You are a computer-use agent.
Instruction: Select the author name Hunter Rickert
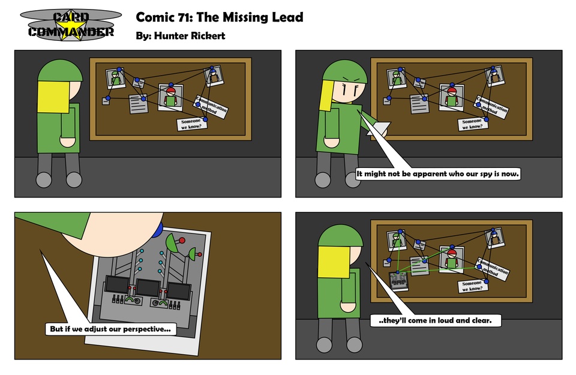point(190,35)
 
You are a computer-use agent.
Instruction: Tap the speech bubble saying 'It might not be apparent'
point(437,174)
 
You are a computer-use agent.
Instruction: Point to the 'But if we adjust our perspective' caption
point(110,329)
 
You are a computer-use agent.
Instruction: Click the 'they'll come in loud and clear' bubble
point(436,320)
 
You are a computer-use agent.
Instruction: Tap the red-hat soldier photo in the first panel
point(170,97)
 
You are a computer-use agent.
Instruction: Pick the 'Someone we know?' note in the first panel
point(192,124)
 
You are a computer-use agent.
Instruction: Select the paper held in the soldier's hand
point(380,128)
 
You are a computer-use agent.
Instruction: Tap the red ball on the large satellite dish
point(182,241)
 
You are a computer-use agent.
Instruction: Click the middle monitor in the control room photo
point(148,287)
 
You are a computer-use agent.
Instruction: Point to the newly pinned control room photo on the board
point(398,281)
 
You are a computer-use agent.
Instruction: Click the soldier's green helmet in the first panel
point(60,71)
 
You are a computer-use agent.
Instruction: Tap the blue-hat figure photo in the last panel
point(494,238)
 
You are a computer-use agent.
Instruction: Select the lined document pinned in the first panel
point(139,104)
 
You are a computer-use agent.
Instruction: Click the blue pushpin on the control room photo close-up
point(158,230)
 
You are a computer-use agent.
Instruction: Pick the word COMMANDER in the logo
point(71,32)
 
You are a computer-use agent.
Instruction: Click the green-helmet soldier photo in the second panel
point(397,78)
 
